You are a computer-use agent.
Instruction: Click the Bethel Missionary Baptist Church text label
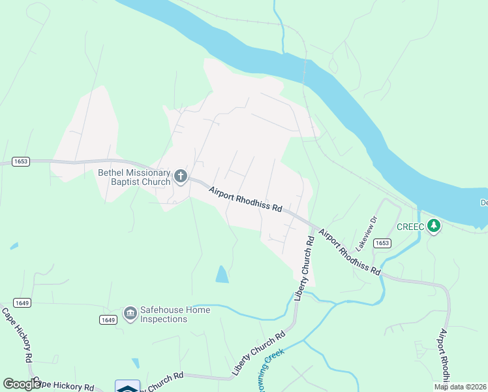point(134,177)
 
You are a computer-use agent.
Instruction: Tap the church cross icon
point(181,176)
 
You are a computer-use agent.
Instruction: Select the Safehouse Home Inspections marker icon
point(130,314)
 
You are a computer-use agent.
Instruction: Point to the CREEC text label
point(410,227)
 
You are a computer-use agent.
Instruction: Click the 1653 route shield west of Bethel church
point(20,161)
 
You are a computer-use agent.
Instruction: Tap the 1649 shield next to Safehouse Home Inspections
point(108,319)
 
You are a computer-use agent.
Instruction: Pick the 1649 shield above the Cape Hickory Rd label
point(22,302)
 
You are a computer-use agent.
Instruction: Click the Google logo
point(22,384)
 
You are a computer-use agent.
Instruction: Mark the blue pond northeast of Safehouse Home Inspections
point(222,274)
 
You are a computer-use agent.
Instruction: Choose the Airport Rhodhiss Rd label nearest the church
point(245,199)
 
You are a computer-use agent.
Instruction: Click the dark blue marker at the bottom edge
point(128,387)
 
